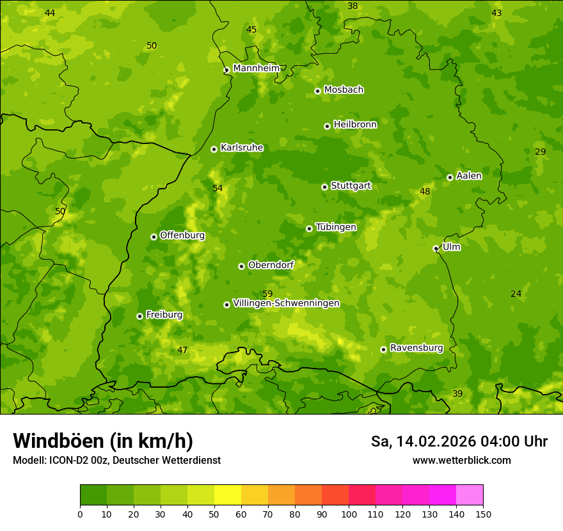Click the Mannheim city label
pyautogui.click(x=256, y=68)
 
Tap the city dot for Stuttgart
pyautogui.click(x=324, y=187)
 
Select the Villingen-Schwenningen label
pyautogui.click(x=286, y=303)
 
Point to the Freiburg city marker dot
pyautogui.click(x=139, y=316)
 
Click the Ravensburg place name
pyautogui.click(x=416, y=348)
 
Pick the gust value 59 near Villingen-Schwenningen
pyautogui.click(x=267, y=294)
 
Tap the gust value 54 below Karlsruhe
pyautogui.click(x=218, y=188)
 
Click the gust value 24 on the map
pyautogui.click(x=516, y=294)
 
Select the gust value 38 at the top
pyautogui.click(x=353, y=6)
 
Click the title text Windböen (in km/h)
pyautogui.click(x=103, y=441)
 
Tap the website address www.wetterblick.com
pyautogui.click(x=461, y=460)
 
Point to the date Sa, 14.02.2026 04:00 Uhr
pyautogui.click(x=459, y=441)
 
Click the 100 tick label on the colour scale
pyautogui.click(x=349, y=514)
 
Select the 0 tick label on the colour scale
pyautogui.click(x=80, y=514)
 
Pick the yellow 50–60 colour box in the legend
pyautogui.click(x=228, y=495)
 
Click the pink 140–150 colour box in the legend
pyautogui.click(x=470, y=495)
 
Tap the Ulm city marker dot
pyautogui.click(x=436, y=248)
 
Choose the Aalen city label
pyautogui.click(x=469, y=176)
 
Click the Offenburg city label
pyautogui.click(x=182, y=235)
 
